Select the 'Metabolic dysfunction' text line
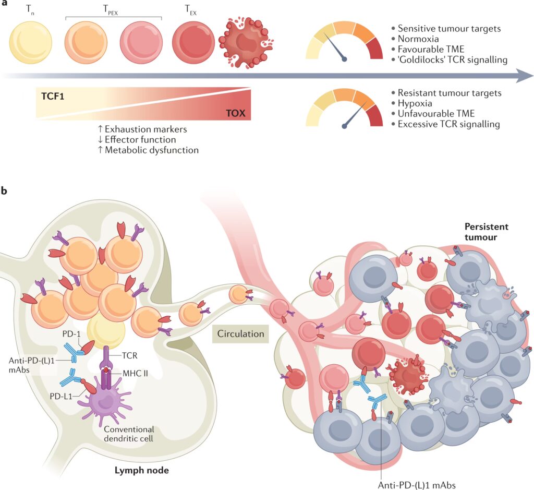point(151,150)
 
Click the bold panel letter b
point(5,192)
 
